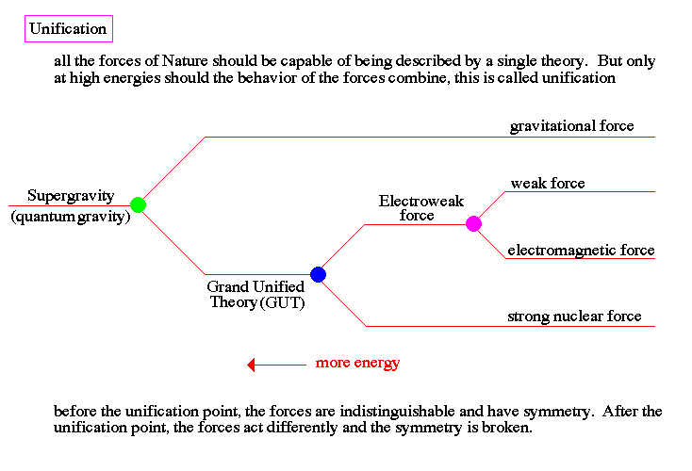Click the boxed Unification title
pos(67,28)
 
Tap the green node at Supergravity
pos(138,204)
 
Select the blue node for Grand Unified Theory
pos(318,274)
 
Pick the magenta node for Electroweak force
pos(473,223)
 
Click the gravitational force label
pos(571,125)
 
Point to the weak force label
pos(548,183)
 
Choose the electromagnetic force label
pos(581,251)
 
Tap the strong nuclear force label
pos(574,316)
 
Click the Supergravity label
pos(70,196)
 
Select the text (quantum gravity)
pos(70,217)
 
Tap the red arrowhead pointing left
pos(252,365)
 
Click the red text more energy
pos(357,363)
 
